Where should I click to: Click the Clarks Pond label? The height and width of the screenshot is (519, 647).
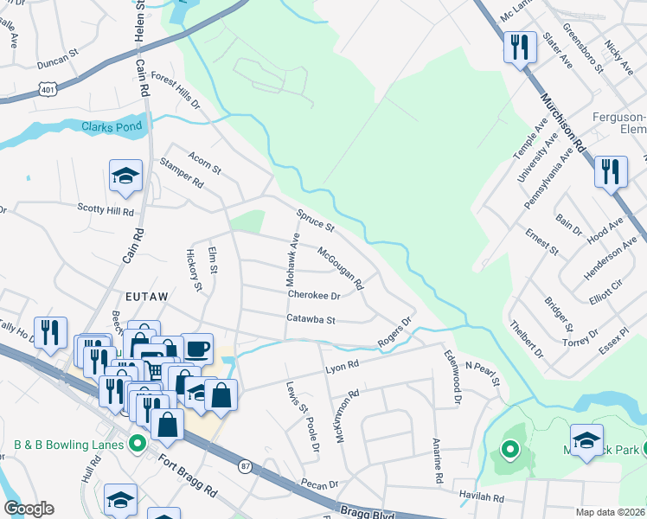pos(110,127)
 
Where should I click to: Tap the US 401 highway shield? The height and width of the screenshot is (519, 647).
pos(48,86)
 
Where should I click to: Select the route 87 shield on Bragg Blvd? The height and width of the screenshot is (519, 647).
pos(246,465)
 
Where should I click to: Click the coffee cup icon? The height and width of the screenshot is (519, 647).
pos(196,349)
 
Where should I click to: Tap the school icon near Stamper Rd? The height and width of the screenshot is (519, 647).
pos(125,176)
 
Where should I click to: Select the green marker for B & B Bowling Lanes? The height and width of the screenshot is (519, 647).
pos(136,445)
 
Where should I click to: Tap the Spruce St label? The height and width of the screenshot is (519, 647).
pos(315,220)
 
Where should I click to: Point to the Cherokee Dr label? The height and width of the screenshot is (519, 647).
pos(313,295)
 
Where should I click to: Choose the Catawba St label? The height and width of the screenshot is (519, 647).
pos(311,319)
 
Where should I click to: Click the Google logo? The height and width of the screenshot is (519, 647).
pos(29,509)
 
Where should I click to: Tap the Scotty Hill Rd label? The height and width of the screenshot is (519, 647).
pos(106,210)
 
